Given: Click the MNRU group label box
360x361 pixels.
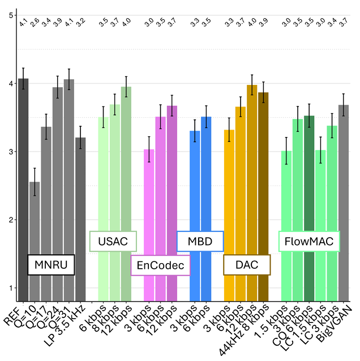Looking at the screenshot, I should pyautogui.click(x=51, y=264).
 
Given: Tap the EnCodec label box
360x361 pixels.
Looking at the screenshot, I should pyautogui.click(x=161, y=265).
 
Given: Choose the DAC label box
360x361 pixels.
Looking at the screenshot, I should pyautogui.click(x=247, y=264).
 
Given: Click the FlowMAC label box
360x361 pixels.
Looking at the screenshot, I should pyautogui.click(x=309, y=242).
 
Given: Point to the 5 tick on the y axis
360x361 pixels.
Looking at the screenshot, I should pyautogui.click(x=11, y=15).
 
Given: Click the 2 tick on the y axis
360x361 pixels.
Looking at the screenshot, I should pyautogui.click(x=11, y=220).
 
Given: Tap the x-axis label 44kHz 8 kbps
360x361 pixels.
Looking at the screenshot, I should pyautogui.click(x=248, y=328).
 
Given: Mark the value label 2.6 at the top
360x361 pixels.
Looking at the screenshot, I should pyautogui.click(x=35, y=23).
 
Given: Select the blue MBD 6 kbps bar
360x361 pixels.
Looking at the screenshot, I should pyautogui.click(x=206, y=209).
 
